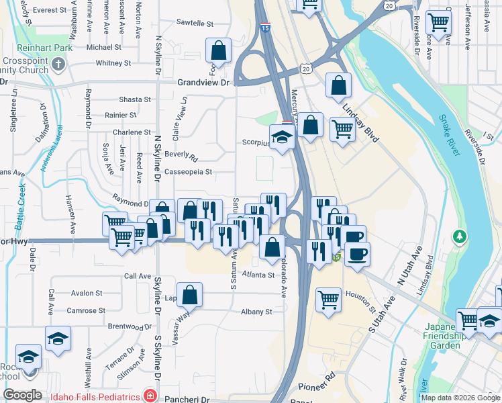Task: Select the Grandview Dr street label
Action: tap(203, 83)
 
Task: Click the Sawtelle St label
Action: tap(195, 23)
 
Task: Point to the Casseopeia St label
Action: tap(189, 172)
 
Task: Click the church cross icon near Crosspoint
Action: tap(58, 64)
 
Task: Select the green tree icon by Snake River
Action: tap(460, 236)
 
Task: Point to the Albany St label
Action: tap(256, 312)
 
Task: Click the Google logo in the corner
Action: tap(23, 395)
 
